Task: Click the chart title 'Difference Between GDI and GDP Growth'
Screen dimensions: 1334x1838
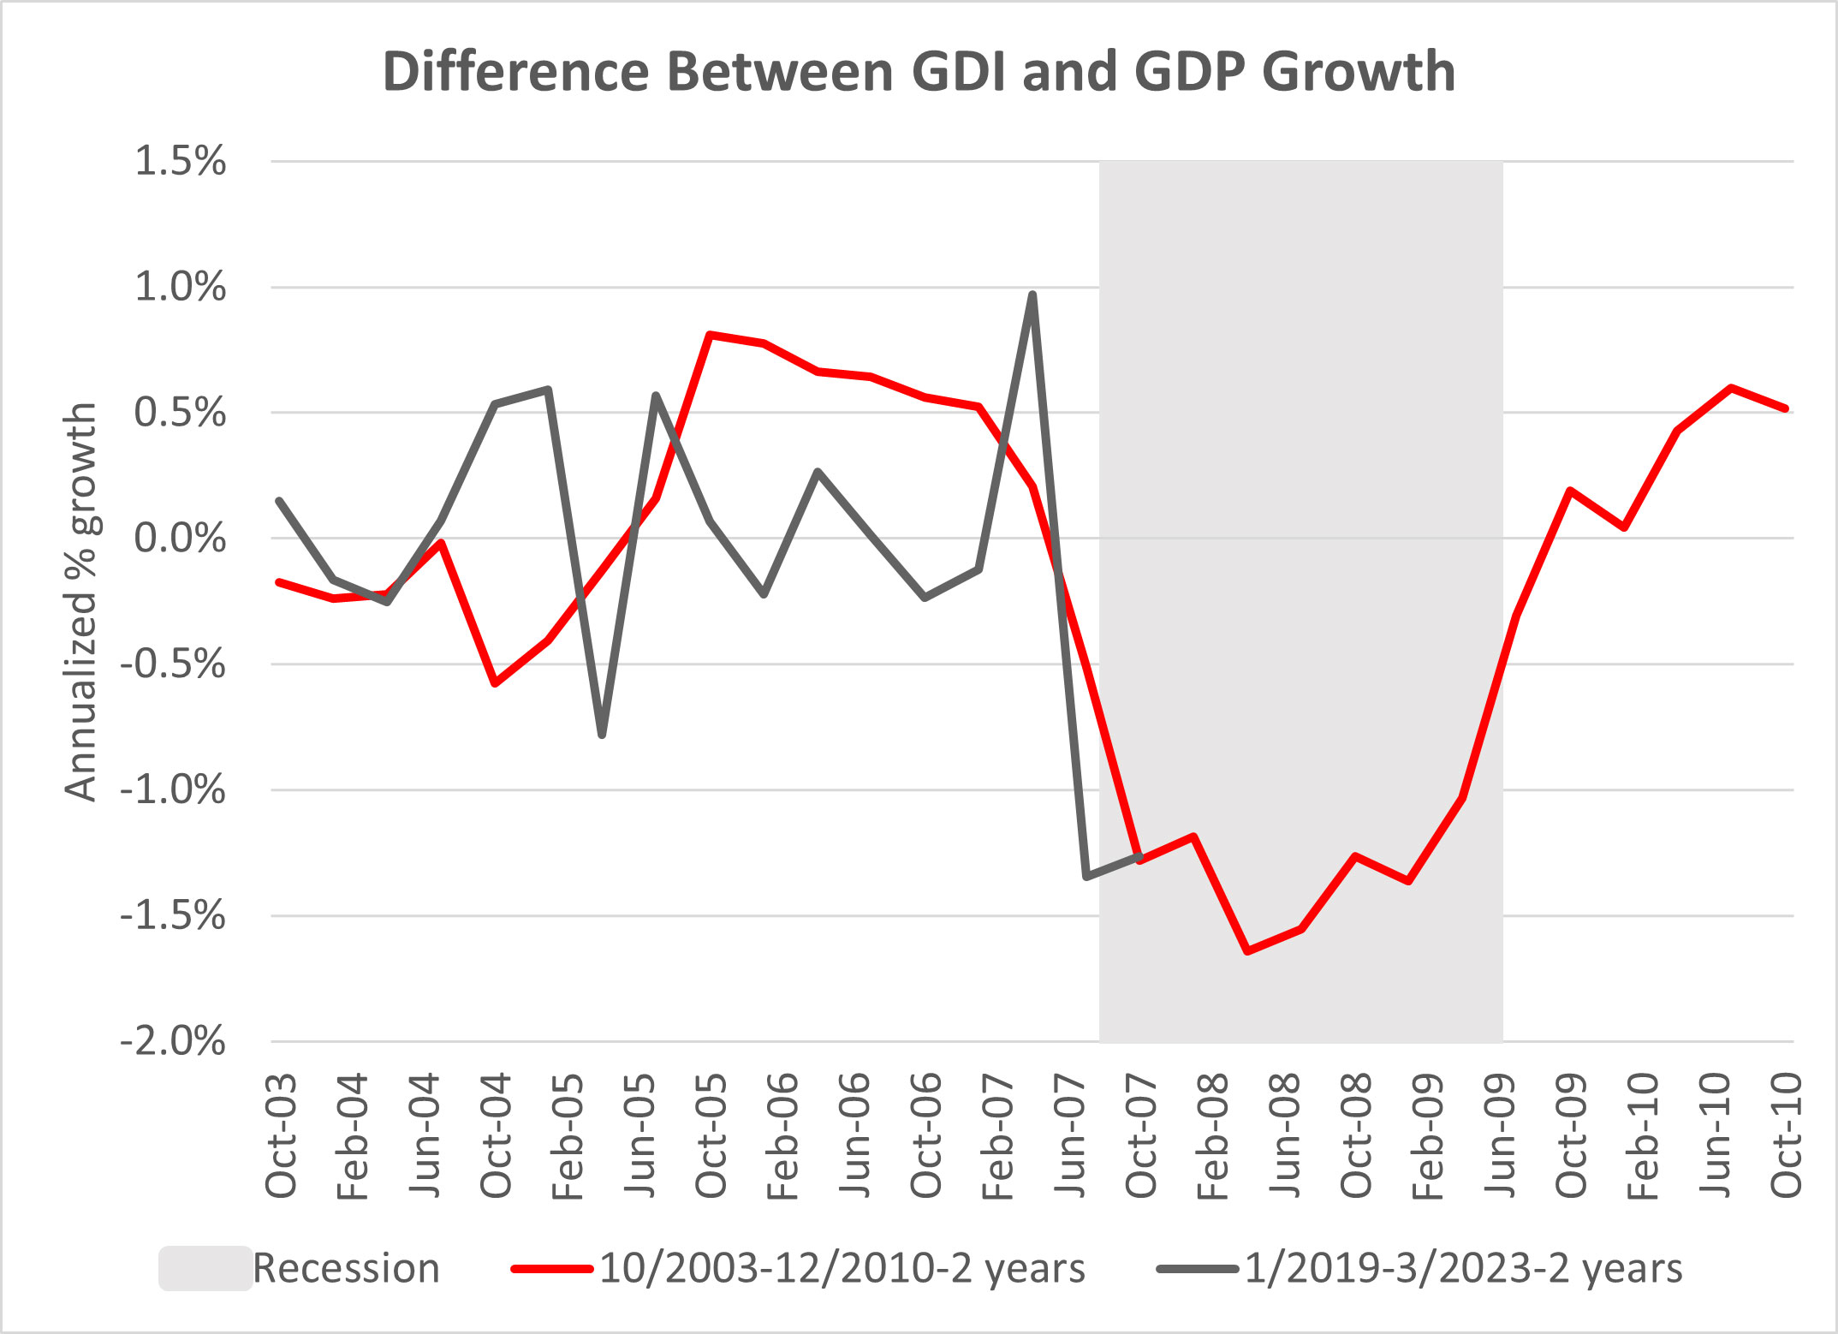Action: pyautogui.click(x=919, y=71)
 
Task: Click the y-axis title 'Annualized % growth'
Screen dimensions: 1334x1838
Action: pyautogui.click(x=81, y=602)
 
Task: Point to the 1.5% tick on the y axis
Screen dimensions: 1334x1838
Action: pyautogui.click(x=180, y=161)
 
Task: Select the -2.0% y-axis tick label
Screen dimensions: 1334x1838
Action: pyautogui.click(x=173, y=1042)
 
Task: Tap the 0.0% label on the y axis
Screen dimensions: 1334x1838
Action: pyautogui.click(x=180, y=539)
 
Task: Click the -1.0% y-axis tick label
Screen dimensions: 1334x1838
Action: pyautogui.click(x=173, y=789)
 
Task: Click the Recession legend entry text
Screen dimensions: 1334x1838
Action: pyautogui.click(x=346, y=1268)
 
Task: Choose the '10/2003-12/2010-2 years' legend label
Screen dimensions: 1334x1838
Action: pyautogui.click(x=842, y=1268)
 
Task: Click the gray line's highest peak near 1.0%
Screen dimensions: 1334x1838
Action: pyautogui.click(x=1032, y=295)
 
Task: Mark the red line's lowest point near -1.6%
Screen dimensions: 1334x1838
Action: pyautogui.click(x=1247, y=950)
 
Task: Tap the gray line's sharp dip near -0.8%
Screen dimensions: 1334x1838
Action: pyautogui.click(x=603, y=735)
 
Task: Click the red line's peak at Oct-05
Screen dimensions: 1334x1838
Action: pyautogui.click(x=711, y=334)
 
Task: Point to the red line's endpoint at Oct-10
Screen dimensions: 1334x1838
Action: pyautogui.click(x=1786, y=409)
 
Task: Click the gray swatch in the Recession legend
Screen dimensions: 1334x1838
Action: pyautogui.click(x=205, y=1268)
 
